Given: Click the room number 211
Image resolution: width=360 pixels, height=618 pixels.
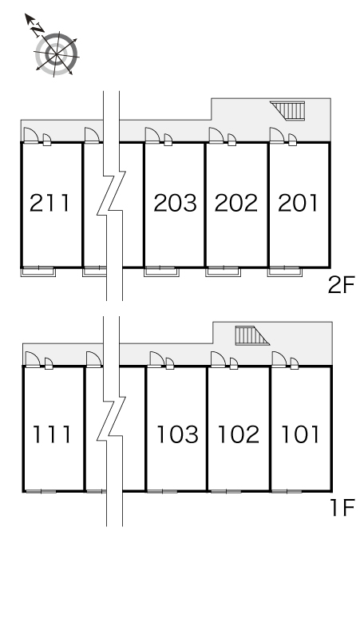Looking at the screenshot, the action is click(49, 203).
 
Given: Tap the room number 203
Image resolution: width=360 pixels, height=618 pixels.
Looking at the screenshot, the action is click(175, 203).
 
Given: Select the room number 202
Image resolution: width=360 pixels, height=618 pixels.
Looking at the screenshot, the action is click(236, 203).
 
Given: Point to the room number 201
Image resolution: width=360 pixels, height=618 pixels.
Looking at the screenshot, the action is click(298, 203).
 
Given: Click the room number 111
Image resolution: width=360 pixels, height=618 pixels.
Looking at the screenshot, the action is click(52, 434).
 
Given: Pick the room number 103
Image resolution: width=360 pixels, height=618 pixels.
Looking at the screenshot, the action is click(177, 434).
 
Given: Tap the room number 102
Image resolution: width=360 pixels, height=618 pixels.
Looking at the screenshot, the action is click(239, 434).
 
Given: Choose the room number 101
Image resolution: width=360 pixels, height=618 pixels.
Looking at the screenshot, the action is click(300, 434).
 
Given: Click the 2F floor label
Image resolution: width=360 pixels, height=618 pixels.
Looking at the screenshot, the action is click(341, 285).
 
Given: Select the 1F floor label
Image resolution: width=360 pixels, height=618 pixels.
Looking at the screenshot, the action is click(342, 508).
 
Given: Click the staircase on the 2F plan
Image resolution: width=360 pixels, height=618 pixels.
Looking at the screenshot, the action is click(287, 110).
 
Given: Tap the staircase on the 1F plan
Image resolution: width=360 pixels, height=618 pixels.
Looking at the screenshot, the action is click(252, 335).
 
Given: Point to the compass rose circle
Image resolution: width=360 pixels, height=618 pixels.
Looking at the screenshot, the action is click(56, 53).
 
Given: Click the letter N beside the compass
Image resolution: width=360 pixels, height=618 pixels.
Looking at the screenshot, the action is click(38, 30).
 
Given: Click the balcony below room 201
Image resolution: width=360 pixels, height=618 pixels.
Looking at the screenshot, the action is click(285, 271).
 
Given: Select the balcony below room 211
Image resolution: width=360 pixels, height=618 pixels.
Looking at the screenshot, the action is click(38, 271).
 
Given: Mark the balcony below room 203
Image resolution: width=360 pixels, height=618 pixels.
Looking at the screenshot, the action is click(161, 271).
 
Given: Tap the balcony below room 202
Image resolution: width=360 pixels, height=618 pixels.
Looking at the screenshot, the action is click(223, 271).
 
